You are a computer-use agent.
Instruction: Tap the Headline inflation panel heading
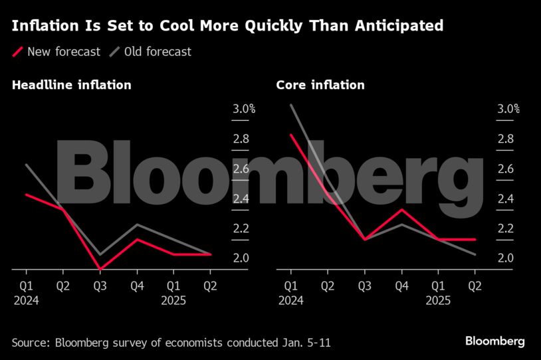72,85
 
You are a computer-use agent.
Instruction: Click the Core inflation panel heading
320,85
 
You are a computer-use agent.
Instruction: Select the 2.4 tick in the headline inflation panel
241,199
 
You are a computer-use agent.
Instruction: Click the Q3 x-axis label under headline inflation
100,288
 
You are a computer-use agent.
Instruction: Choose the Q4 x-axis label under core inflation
401,288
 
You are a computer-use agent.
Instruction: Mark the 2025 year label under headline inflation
173,301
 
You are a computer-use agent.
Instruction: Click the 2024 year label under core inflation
290,301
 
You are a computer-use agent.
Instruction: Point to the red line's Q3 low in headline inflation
100,269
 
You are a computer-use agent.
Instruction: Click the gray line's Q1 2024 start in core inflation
291,105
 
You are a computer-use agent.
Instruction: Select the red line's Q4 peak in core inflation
401,210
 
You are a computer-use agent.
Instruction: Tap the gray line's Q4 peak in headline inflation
136,225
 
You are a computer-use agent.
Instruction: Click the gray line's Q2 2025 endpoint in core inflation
475,254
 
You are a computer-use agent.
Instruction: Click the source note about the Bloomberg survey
171,343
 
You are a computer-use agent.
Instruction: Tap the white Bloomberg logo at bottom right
494,341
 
